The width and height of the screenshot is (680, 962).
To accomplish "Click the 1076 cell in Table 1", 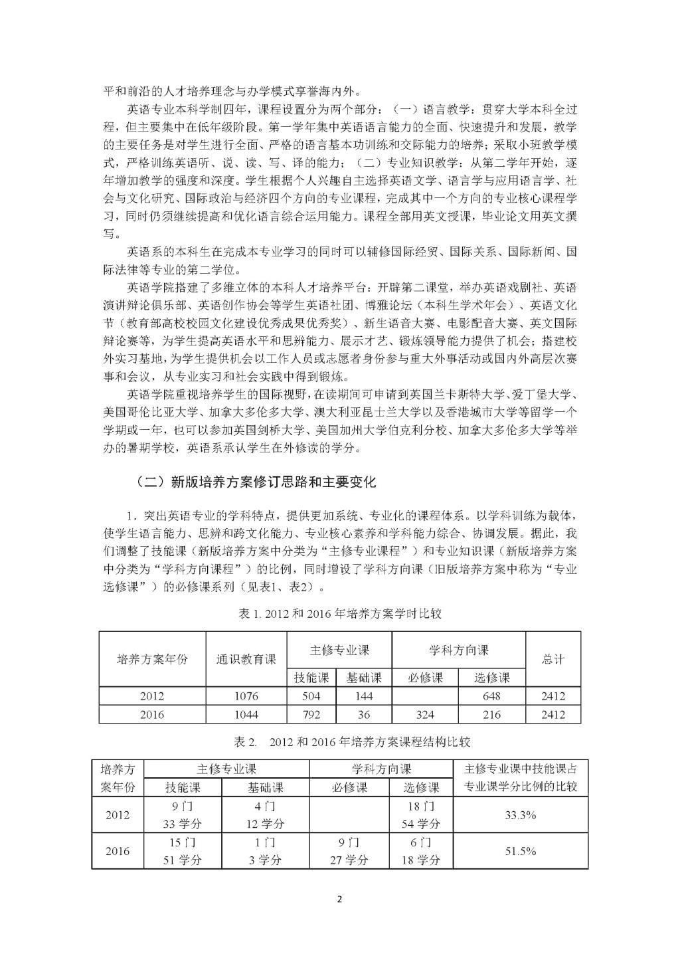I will pos(246,696).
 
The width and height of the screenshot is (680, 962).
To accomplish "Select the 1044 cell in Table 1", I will pos(246,714).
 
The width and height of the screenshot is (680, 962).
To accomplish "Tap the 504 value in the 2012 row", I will pos(311,696).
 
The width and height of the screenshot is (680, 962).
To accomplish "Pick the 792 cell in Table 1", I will pos(311,714).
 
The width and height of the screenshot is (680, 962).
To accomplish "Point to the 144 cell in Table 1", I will pos(364,696).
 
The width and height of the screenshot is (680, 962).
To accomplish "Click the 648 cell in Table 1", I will pos(492,696).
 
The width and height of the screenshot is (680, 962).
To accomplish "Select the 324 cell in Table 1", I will pos(425,714).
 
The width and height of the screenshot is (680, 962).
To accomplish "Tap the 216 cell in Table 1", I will pos(492,714).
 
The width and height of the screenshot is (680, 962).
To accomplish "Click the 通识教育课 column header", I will pos(246,659).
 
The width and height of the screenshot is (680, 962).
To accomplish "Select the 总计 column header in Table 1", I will pos(553,659).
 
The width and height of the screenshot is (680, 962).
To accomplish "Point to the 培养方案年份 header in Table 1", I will pos(153,659).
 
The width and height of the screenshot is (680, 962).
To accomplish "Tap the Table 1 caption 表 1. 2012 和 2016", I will pos(339,615).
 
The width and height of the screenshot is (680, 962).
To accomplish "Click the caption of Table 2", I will pos(339,741).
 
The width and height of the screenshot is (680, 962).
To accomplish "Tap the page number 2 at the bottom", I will pos(339,900).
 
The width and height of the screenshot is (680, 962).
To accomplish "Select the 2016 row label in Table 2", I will pos(118,851).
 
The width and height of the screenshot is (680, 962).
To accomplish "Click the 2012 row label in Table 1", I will pos(153,696).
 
